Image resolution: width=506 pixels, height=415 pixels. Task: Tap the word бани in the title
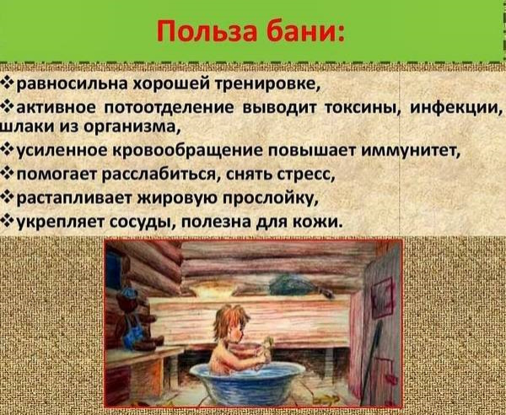(302, 35)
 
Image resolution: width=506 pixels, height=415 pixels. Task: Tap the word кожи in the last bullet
(320, 221)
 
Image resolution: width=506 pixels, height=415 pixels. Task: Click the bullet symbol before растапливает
(8, 198)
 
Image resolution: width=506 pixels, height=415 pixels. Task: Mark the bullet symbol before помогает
(8, 175)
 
